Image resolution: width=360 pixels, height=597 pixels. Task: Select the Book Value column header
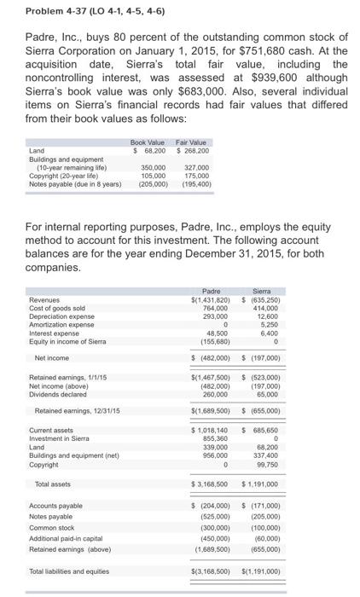(147, 142)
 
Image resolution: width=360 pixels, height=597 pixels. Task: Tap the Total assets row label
(55, 484)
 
